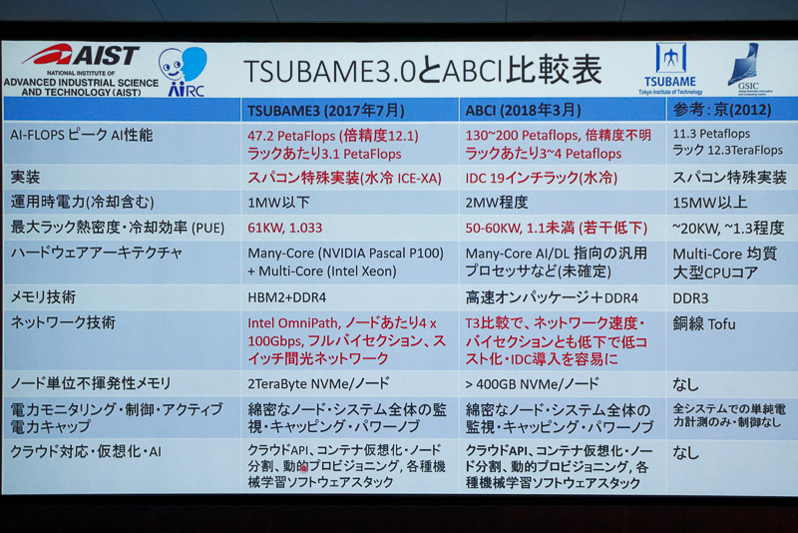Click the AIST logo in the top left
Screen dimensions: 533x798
click(x=80, y=56)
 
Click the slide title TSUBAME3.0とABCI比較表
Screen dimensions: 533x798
click(x=423, y=70)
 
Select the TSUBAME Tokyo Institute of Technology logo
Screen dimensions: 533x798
click(x=670, y=68)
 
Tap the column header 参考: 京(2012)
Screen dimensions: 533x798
click(x=719, y=109)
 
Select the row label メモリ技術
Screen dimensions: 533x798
click(x=43, y=297)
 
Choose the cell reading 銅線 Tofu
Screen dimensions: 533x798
click(x=704, y=323)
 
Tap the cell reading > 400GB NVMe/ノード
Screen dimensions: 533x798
click(x=532, y=383)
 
